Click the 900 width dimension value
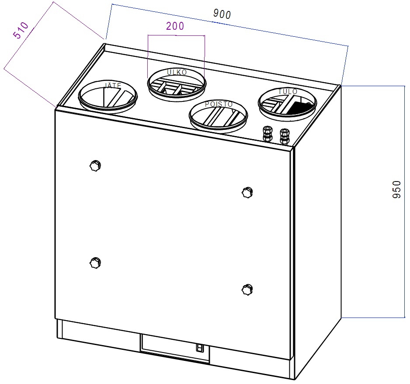pyautogui.click(x=222, y=14)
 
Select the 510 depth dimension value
pyautogui.click(x=21, y=30)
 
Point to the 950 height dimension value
pyautogui.click(x=396, y=190)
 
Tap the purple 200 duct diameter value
pyautogui.click(x=175, y=26)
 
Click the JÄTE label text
pyautogui.click(x=113, y=86)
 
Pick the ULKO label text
pyautogui.click(x=177, y=72)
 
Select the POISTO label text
pyautogui.click(x=219, y=104)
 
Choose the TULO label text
pyautogui.click(x=288, y=91)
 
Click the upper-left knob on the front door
pyautogui.click(x=95, y=166)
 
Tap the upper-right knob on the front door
pyautogui.click(x=247, y=193)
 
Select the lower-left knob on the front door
pyautogui.click(x=95, y=262)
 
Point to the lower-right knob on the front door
pyautogui.click(x=247, y=290)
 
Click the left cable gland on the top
pyautogui.click(x=267, y=134)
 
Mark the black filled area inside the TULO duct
pyautogui.click(x=300, y=108)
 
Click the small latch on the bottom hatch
pyautogui.click(x=199, y=348)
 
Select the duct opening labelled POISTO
pyautogui.click(x=219, y=116)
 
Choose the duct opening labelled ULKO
pyautogui.click(x=177, y=84)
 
